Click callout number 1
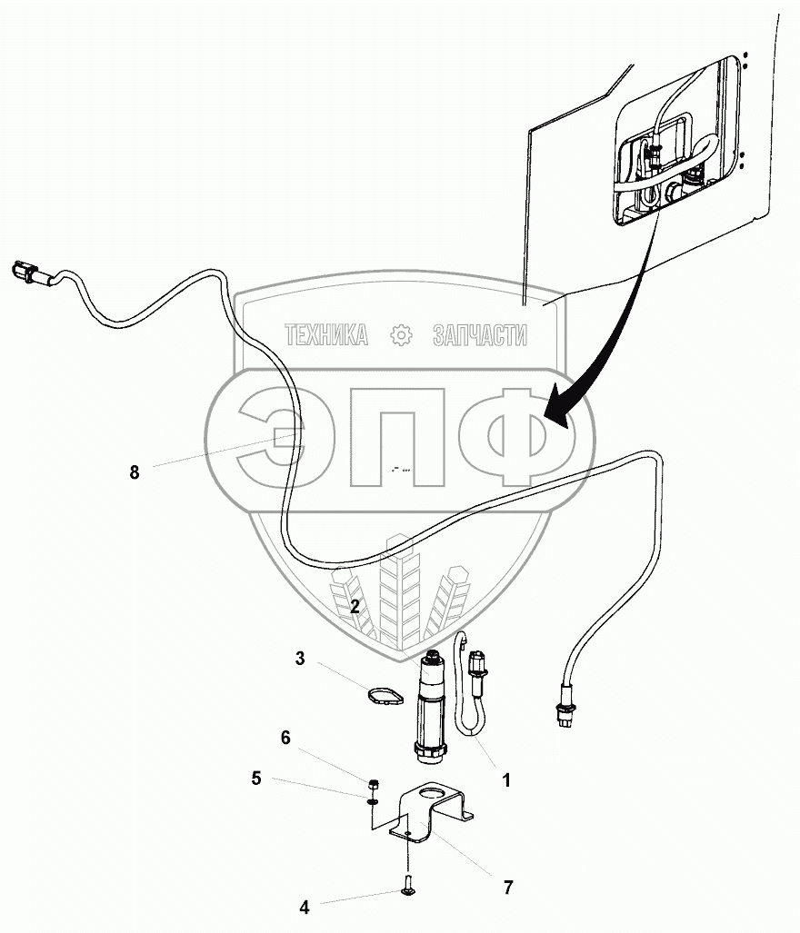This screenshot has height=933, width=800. coord(506,779)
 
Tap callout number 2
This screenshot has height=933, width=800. coord(356,606)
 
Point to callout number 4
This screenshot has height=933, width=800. coord(305,906)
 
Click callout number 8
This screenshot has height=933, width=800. coord(135,471)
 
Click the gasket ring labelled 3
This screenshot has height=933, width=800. coord(384,698)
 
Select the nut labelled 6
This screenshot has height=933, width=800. coord(374,784)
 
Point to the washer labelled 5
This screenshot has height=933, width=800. coord(374,800)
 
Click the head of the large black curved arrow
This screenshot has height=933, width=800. coord(556,414)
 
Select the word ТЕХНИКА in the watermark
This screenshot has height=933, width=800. coord(326,336)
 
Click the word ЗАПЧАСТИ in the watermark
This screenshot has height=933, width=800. coord(480,336)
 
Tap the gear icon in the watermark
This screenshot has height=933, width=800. coord(400,335)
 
